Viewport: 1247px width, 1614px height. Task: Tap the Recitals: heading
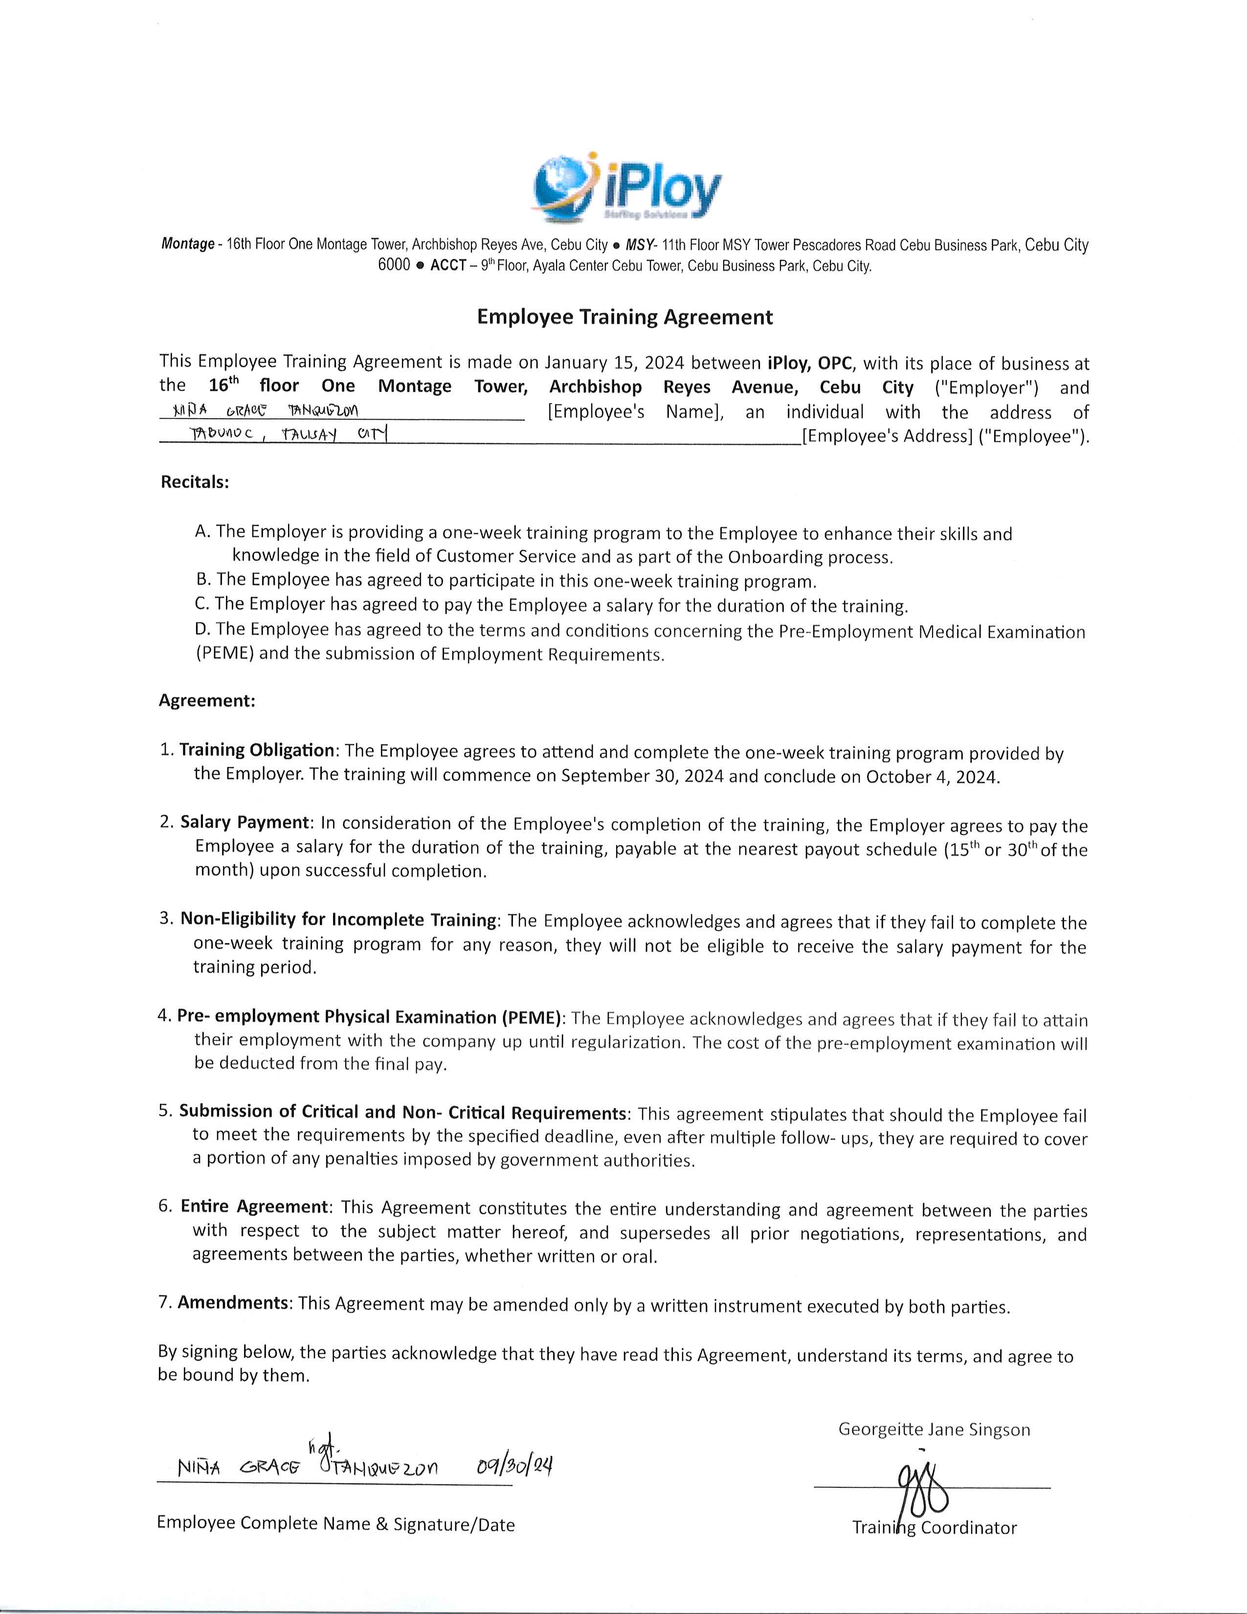point(195,482)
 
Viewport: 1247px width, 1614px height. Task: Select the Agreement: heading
point(207,700)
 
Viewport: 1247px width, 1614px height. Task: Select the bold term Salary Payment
point(245,823)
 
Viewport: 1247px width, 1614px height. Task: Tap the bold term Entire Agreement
point(255,1207)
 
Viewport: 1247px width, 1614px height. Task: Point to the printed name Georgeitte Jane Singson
point(934,1429)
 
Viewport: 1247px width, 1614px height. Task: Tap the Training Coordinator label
point(935,1527)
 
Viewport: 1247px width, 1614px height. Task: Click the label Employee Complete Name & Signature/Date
point(335,1524)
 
